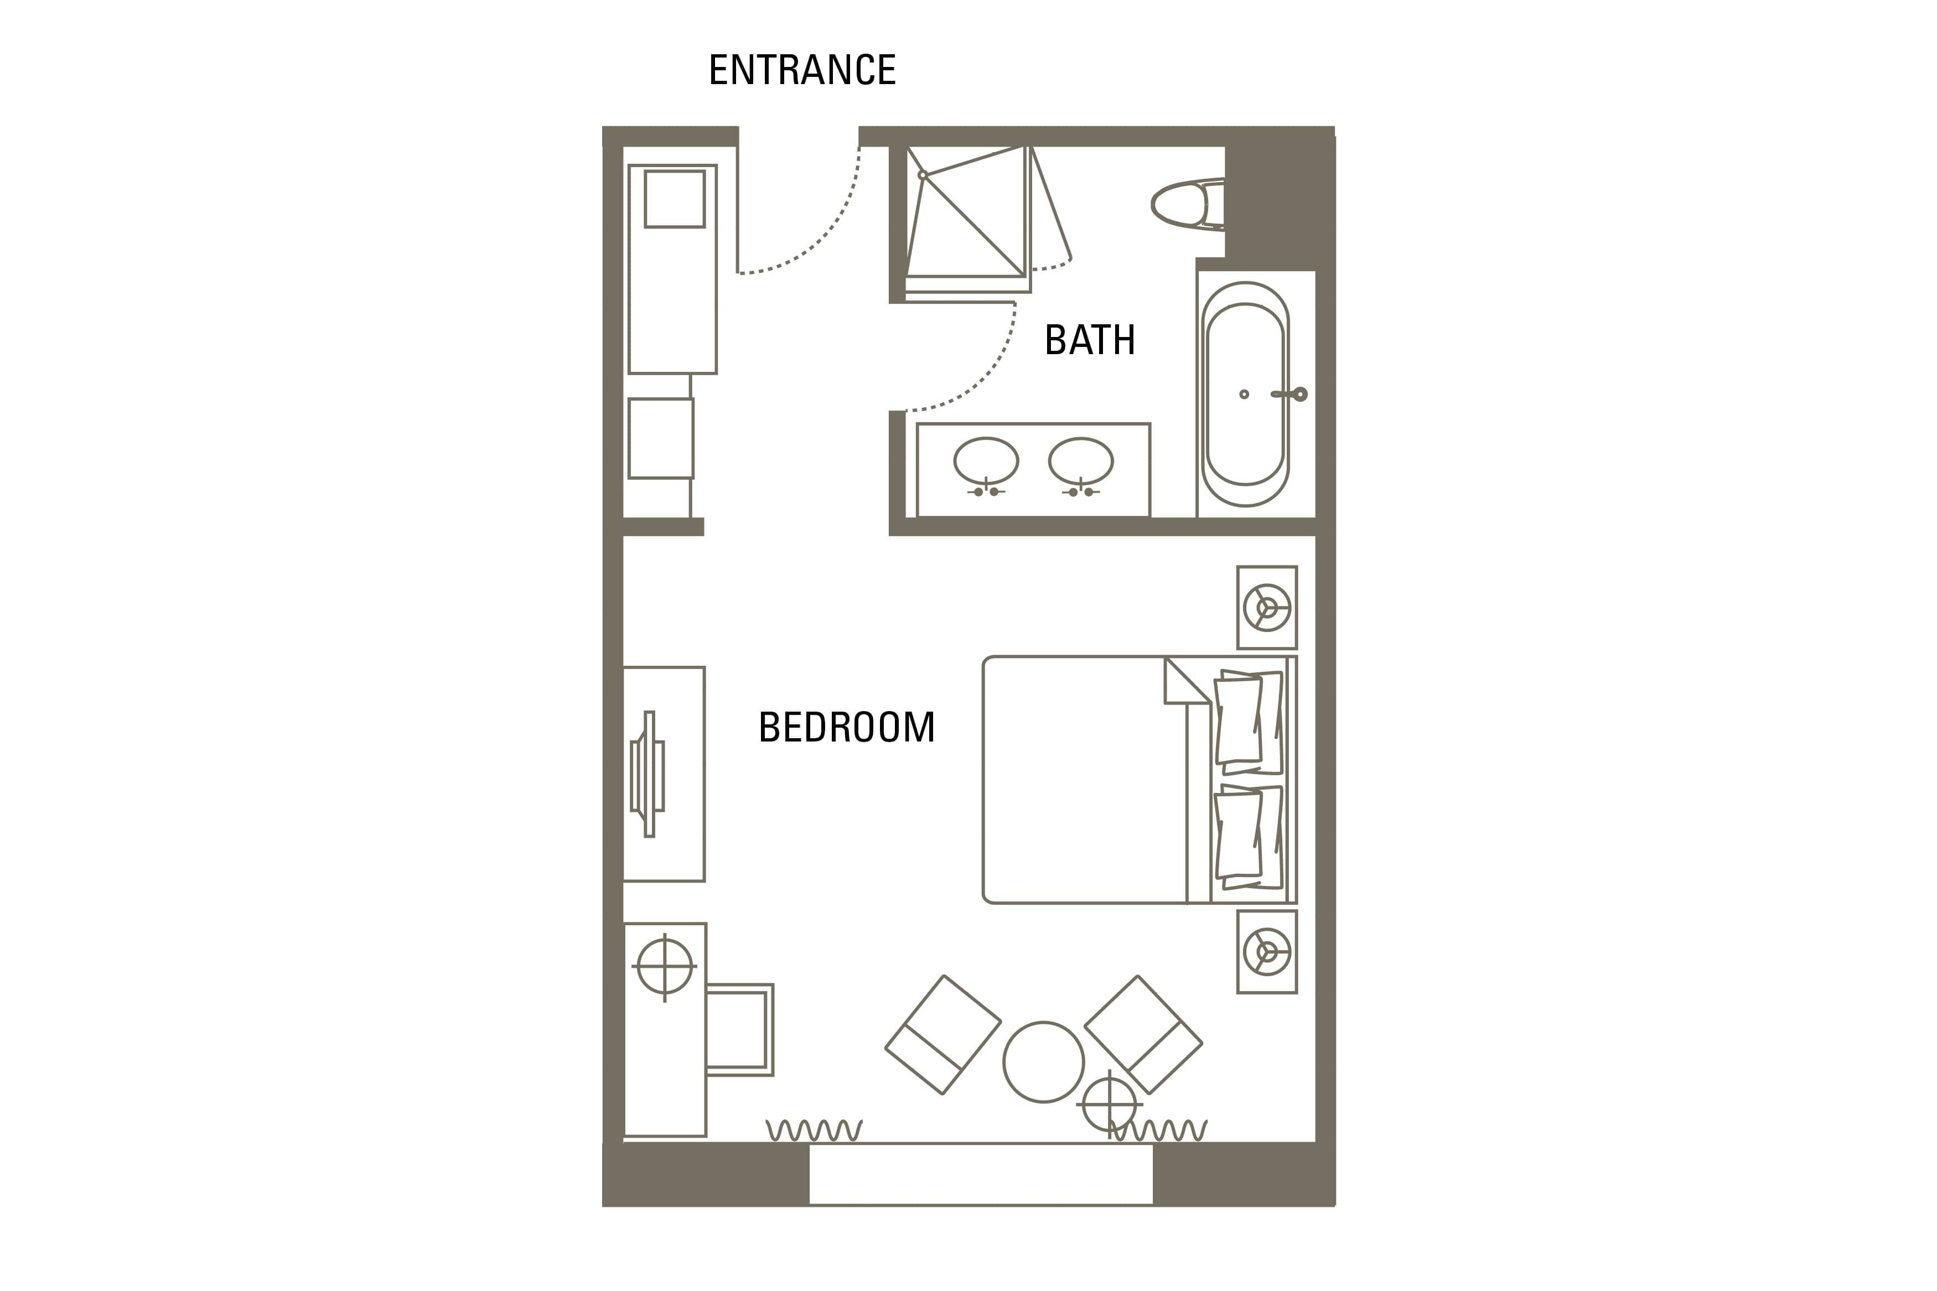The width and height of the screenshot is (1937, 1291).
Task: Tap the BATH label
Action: pyautogui.click(x=1090, y=340)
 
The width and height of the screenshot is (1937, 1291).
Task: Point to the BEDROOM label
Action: pyautogui.click(x=846, y=727)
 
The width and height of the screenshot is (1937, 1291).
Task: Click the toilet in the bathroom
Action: pyautogui.click(x=1187, y=204)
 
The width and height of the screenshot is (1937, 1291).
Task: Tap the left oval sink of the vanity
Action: pyautogui.click(x=986, y=461)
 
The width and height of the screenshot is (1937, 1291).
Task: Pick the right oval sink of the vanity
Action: pyautogui.click(x=1081, y=461)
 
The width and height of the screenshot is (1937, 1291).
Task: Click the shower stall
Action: pyautogui.click(x=968, y=217)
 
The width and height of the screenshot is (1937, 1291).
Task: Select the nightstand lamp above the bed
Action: pyautogui.click(x=1267, y=608)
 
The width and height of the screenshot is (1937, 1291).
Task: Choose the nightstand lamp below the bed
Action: pyautogui.click(x=1267, y=952)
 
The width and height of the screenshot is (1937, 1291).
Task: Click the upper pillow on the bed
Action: pyautogui.click(x=1248, y=722)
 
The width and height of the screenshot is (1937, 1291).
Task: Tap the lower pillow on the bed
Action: pyautogui.click(x=1248, y=837)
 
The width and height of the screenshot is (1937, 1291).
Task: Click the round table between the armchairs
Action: pyautogui.click(x=1043, y=1062)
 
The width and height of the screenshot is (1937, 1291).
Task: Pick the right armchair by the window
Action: pyautogui.click(x=1143, y=1034)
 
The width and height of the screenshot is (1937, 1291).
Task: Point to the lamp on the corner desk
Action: pyautogui.click(x=664, y=966)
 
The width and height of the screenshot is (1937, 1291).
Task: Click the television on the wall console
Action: pyautogui.click(x=648, y=774)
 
